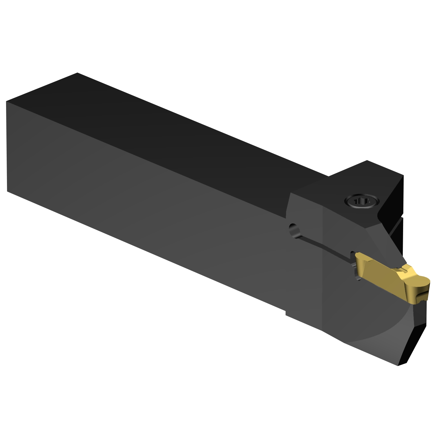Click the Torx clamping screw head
362,201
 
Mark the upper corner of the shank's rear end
6,102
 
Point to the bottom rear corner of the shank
7,191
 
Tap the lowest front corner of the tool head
399,365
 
